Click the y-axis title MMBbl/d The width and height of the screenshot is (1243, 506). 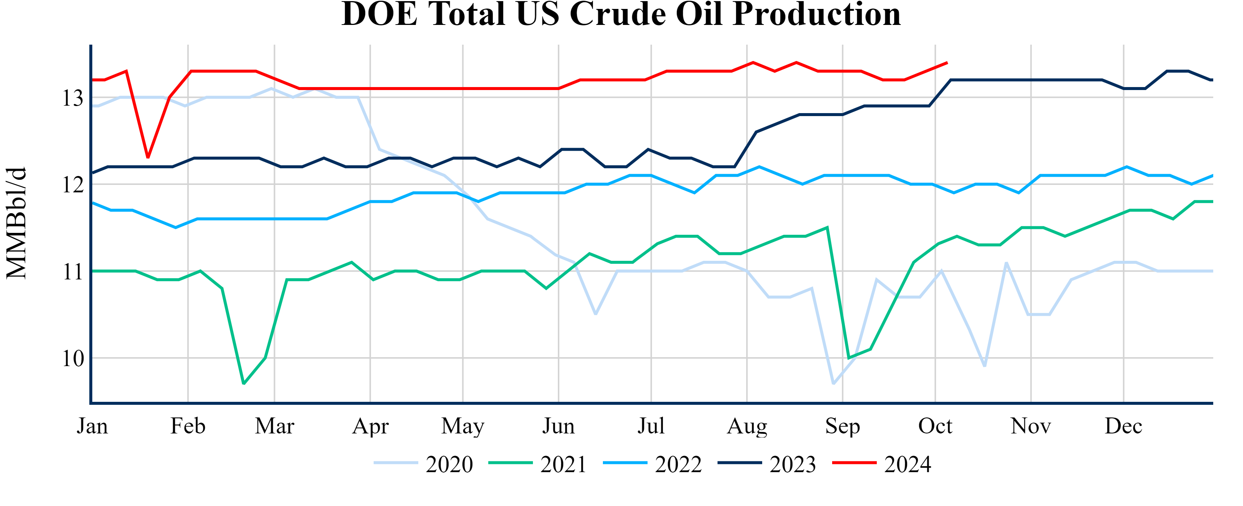[16, 223]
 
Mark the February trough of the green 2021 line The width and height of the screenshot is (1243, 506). [244, 384]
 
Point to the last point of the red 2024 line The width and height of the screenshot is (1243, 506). [947, 63]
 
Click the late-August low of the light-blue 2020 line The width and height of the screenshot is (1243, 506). [833, 384]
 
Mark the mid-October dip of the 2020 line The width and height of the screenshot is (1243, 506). [984, 366]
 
